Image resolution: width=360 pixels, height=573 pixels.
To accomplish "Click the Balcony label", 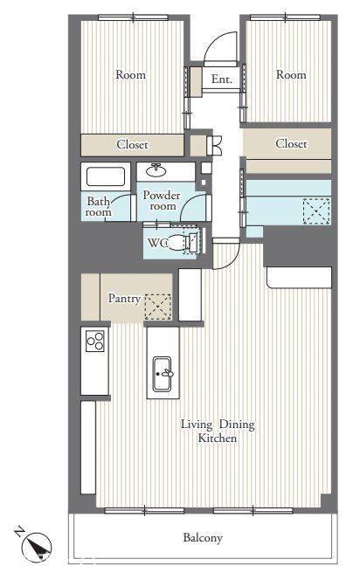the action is pos(203,538).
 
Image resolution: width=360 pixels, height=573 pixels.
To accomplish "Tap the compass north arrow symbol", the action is pos(36,546).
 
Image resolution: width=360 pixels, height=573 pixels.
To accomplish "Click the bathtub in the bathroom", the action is pos(106,176).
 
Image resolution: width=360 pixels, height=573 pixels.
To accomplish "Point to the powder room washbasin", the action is pos(156,170).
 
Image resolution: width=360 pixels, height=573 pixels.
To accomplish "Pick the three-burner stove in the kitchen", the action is pos(95,341).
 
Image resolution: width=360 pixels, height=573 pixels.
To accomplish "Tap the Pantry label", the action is pos(124,299).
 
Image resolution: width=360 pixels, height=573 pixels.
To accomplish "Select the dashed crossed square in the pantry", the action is pos(158,307).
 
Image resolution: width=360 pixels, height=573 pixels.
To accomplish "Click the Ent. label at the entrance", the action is pos(222,79).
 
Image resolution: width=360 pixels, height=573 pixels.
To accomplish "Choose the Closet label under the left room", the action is pos(132,145).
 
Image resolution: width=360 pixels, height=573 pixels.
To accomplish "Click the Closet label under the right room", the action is pos(291,143).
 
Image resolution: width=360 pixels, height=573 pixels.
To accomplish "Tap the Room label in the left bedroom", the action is pos(130,74).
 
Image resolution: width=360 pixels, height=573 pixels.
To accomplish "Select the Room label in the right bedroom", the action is pos(291,74).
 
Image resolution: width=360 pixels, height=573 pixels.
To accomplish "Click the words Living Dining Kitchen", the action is pos(218,431).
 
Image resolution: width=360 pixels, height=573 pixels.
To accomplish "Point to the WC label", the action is pos(158,243).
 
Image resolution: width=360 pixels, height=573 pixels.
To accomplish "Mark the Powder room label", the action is pos(162,201).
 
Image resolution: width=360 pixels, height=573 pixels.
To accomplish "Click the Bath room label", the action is pos(99,206).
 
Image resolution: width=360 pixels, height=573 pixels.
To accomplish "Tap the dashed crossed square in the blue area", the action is pos(316,211).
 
